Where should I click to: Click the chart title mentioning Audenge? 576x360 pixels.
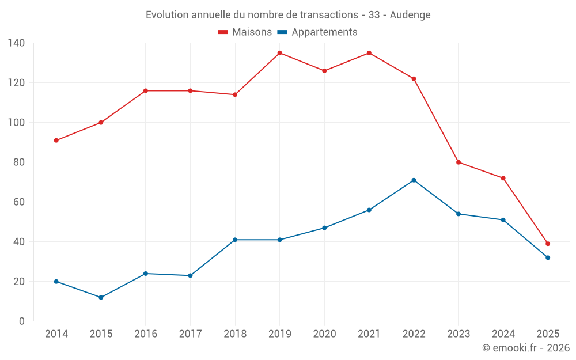(288, 15)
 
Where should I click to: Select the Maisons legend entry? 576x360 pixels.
(245, 32)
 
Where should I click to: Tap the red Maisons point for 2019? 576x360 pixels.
(279, 53)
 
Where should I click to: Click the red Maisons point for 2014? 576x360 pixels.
(56, 141)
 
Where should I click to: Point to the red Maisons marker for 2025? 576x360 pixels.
(548, 244)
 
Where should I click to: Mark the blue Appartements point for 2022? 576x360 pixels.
(414, 180)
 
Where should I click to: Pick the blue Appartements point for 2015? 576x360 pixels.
(101, 297)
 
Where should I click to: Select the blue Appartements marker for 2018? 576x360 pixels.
(235, 240)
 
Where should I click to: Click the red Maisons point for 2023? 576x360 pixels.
(458, 162)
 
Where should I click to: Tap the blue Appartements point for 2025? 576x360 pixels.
(548, 257)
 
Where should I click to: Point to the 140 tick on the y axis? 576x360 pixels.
(16, 43)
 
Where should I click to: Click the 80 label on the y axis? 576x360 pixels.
(18, 162)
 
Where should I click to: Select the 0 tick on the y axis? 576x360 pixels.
(21, 321)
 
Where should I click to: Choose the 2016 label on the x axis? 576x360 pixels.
(146, 334)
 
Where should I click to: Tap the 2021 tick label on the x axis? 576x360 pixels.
(369, 334)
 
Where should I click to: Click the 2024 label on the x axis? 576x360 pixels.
(503, 334)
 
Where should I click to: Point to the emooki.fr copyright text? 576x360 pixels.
(525, 348)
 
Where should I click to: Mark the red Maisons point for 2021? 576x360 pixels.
(369, 53)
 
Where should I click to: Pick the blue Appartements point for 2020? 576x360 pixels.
(324, 228)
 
